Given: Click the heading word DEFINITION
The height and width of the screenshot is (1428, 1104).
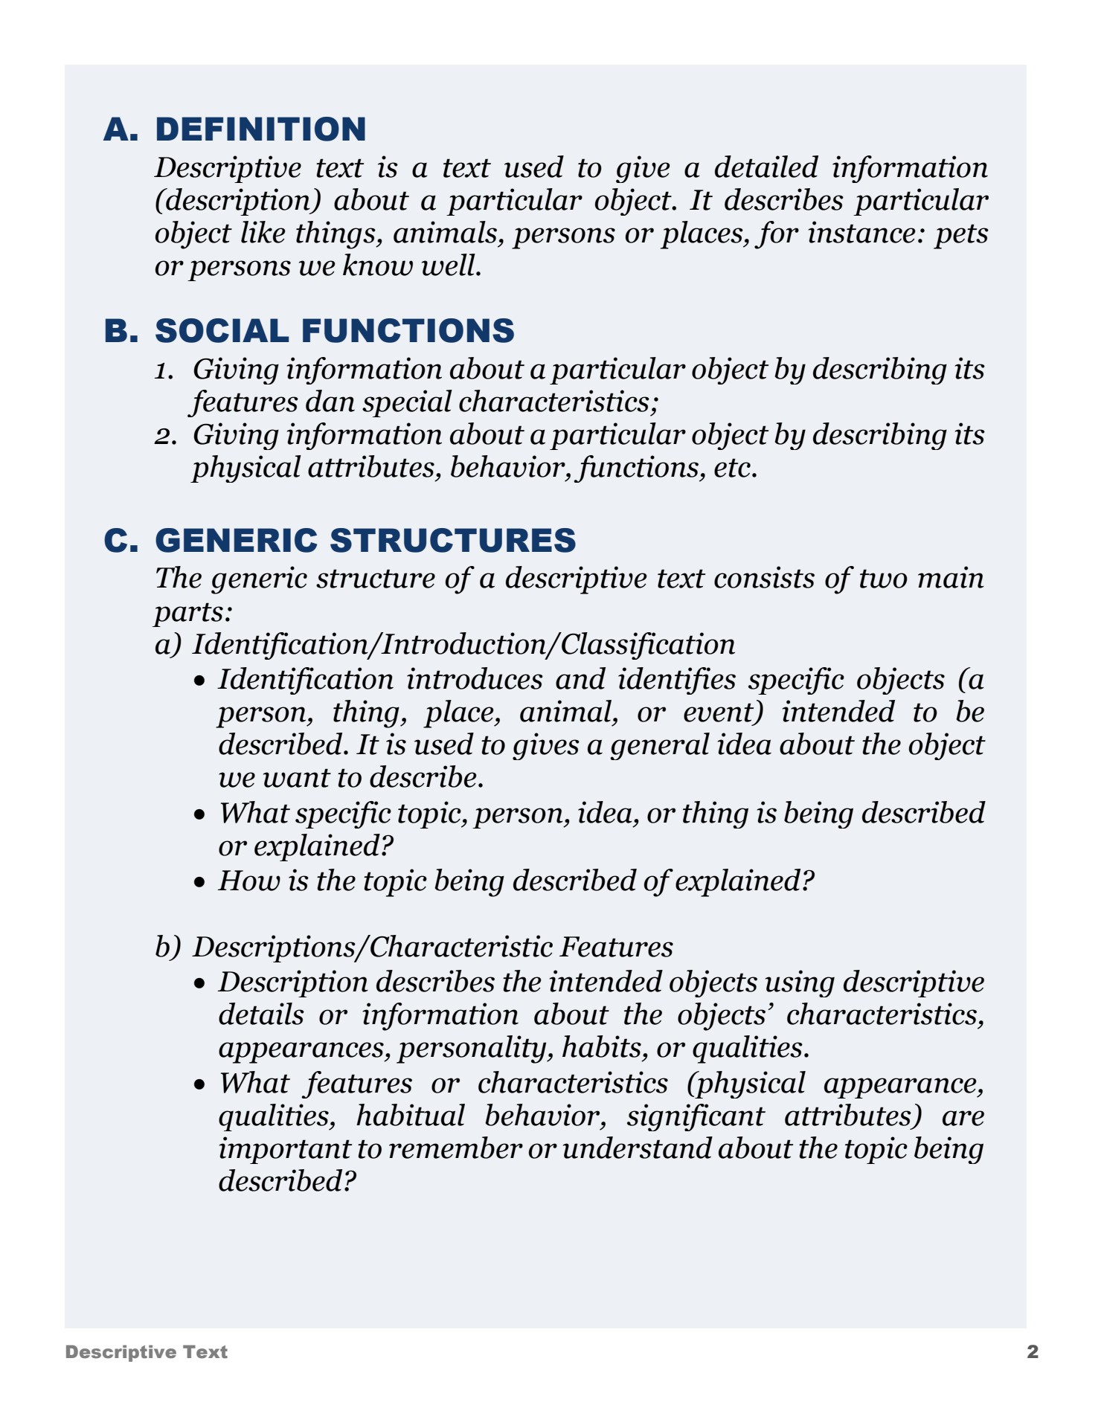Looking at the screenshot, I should point(260,129).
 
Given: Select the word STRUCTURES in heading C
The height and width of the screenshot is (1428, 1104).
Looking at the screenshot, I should point(453,541).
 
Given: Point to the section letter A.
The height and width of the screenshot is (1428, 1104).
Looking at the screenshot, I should point(119,129).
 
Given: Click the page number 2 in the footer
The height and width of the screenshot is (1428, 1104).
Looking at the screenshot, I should point(1033,1351).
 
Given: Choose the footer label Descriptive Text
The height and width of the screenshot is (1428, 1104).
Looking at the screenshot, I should point(147,1351).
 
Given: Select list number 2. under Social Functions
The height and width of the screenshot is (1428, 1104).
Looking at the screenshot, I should point(165,436).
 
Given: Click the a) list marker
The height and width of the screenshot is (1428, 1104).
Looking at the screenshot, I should point(168,644).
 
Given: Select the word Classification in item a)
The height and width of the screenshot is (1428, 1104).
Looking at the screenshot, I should point(647,644).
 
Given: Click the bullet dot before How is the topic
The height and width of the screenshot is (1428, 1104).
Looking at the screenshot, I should point(199,883).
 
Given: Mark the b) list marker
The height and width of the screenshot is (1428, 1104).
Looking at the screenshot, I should point(168,947).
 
